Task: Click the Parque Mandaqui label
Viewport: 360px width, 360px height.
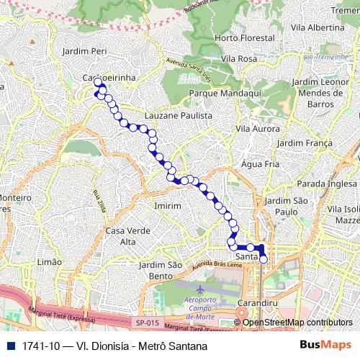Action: [220, 94]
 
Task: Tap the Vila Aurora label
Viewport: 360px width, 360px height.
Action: [257, 128]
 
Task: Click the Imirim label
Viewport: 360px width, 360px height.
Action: [167, 205]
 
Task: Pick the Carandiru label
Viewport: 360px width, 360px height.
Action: [257, 304]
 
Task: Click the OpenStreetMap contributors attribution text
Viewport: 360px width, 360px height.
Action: [297, 323]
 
